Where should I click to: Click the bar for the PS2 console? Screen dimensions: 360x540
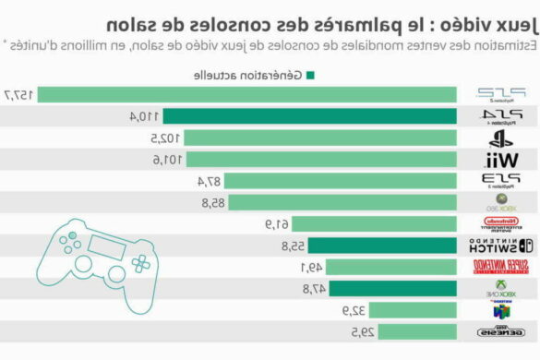click(249, 94)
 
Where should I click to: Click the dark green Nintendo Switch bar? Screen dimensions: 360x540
click(382, 246)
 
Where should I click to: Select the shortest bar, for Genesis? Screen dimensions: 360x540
click(414, 331)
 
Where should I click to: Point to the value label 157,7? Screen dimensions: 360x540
click(20, 94)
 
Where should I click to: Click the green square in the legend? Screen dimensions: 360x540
click(309, 76)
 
